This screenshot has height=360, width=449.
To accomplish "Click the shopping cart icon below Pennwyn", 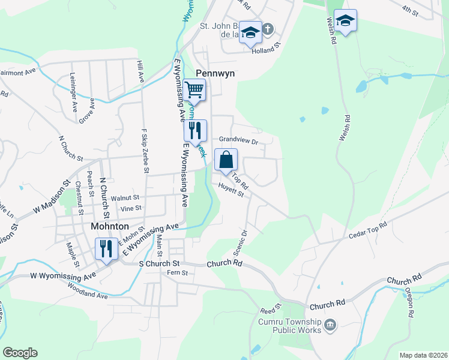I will tap(194, 91).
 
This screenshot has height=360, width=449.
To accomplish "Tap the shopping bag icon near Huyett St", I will tap(226, 160).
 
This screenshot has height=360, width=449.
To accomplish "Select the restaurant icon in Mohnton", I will tap(106, 248).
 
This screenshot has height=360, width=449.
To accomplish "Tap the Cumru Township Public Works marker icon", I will tap(330, 325).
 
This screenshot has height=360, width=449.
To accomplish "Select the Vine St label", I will tap(130, 208).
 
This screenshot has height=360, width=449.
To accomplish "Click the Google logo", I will tap(20, 353).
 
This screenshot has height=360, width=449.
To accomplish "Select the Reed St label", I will tap(267, 310).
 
